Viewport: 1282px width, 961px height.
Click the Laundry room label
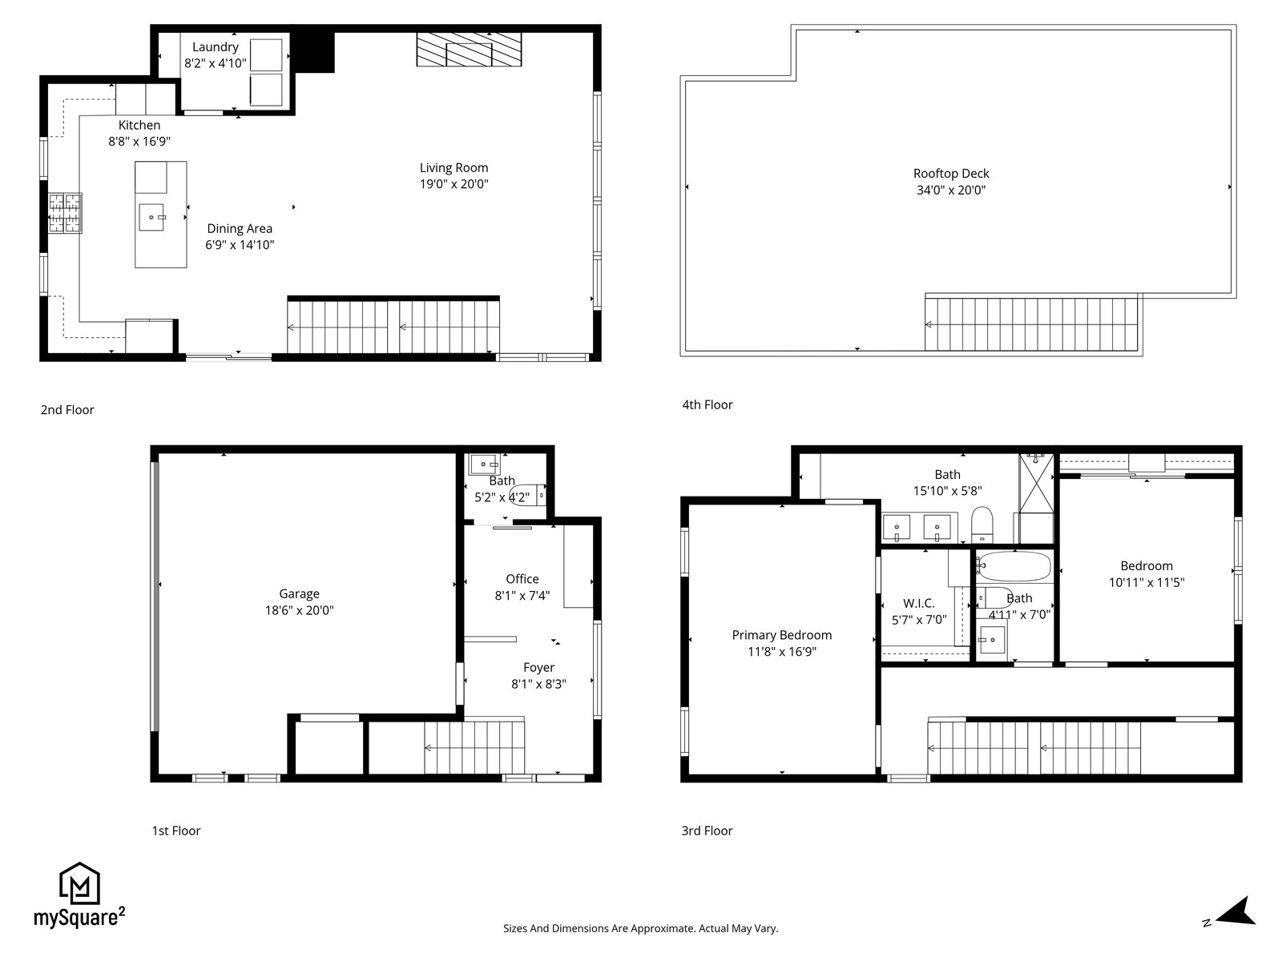pos(215,46)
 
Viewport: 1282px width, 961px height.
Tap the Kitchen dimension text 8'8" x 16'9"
pos(139,141)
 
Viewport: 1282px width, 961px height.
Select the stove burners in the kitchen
pos(65,213)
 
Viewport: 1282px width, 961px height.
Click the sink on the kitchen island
pos(151,217)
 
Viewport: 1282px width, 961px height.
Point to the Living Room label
pos(454,167)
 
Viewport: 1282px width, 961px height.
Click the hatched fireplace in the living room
pos(469,49)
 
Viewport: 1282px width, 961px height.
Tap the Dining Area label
pos(240,229)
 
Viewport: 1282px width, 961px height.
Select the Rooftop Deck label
pos(951,173)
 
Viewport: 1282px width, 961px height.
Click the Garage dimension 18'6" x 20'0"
pos(299,610)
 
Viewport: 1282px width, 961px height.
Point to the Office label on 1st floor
pos(522,579)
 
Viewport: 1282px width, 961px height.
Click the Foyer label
pos(538,668)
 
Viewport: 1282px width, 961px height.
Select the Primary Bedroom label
pos(781,635)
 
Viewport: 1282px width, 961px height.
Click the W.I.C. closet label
pos(919,603)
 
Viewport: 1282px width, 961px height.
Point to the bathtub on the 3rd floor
pos(1015,566)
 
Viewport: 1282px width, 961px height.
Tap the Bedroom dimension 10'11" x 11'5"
pos(1147,582)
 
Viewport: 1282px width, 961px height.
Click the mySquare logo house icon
pos(79,883)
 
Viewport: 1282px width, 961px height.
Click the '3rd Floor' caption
pos(707,831)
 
